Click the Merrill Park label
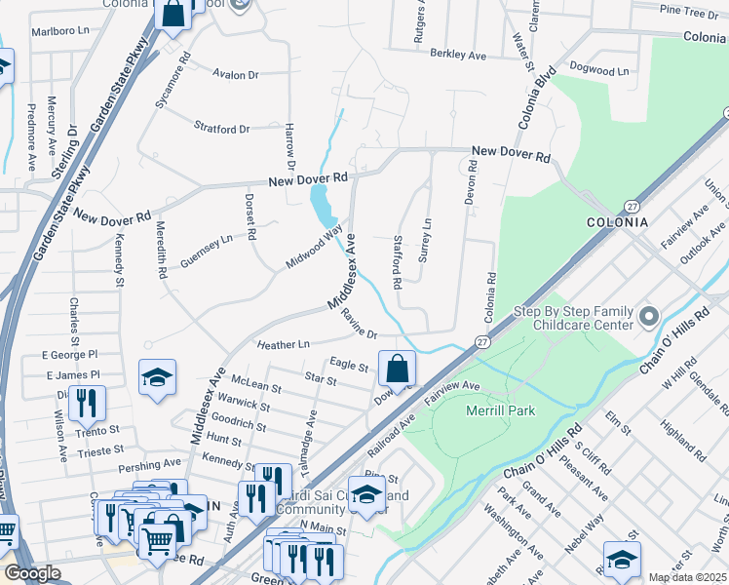point(500,411)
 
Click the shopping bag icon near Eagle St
point(397,370)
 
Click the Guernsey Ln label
point(207,238)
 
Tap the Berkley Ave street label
point(457,57)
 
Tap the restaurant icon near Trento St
point(87,401)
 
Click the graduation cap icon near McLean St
point(156,377)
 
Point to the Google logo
point(32,573)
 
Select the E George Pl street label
point(73,358)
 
